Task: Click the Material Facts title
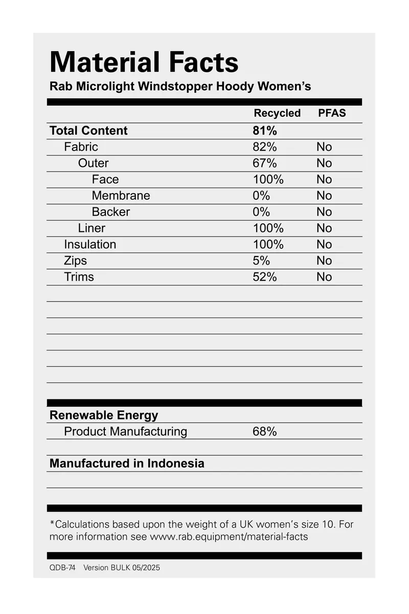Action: click(x=144, y=62)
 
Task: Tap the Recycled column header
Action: click(x=277, y=113)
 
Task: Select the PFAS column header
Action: click(x=332, y=113)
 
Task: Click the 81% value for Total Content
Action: click(x=265, y=131)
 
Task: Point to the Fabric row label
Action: click(x=81, y=147)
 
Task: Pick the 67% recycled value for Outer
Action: click(x=265, y=163)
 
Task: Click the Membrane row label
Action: click(x=121, y=196)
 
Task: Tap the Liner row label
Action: click(x=92, y=228)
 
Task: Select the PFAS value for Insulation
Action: click(x=324, y=244)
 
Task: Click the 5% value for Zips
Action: click(x=261, y=261)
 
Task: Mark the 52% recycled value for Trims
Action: click(x=265, y=277)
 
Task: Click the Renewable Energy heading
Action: click(x=104, y=415)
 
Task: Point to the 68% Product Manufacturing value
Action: click(x=265, y=432)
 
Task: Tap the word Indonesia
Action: click(x=176, y=463)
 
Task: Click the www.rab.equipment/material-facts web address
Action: click(x=229, y=537)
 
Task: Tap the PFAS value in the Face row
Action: click(x=324, y=179)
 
